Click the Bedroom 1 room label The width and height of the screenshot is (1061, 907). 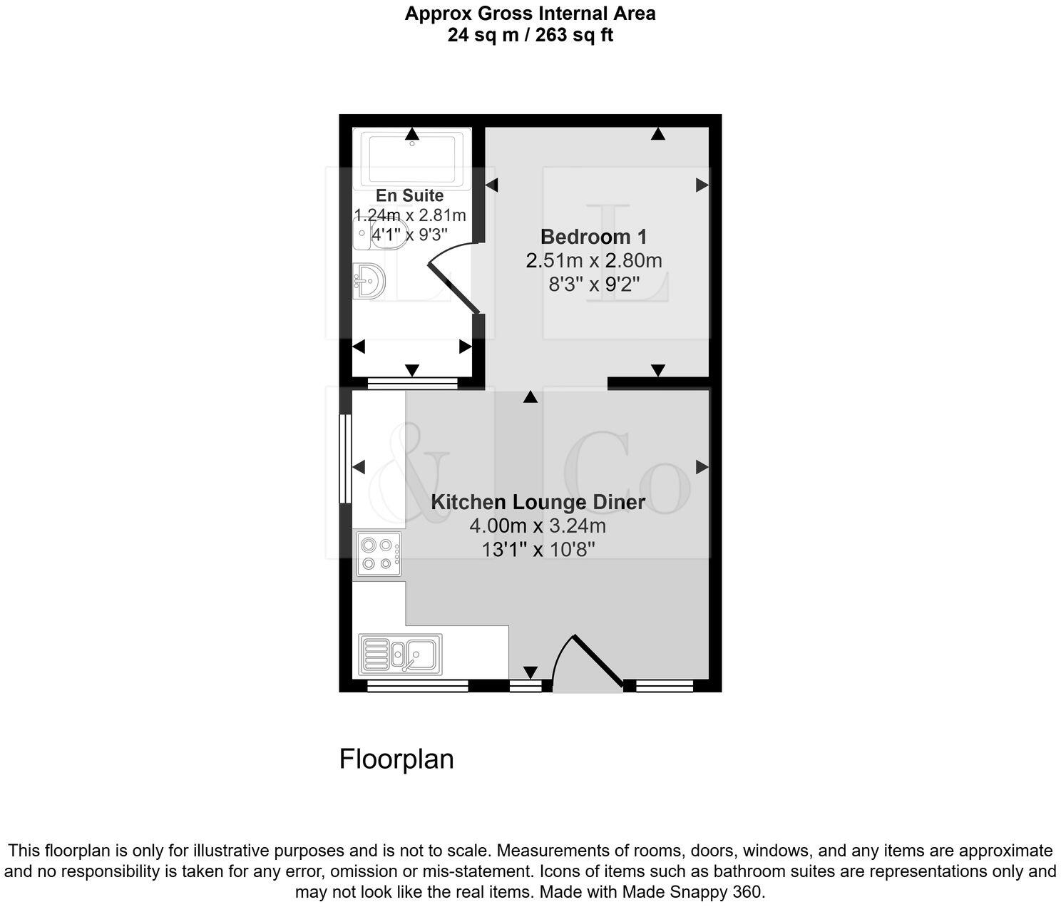click(x=593, y=237)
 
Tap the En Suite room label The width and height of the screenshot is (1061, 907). click(x=409, y=195)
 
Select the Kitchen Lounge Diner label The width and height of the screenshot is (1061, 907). click(x=538, y=502)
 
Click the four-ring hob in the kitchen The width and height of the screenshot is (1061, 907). click(x=378, y=554)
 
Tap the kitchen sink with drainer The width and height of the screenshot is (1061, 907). click(x=400, y=654)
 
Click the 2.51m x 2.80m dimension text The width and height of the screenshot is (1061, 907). click(x=593, y=261)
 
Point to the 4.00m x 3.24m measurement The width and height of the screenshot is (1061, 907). click(x=538, y=526)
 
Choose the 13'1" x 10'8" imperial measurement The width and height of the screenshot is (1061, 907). click(x=538, y=550)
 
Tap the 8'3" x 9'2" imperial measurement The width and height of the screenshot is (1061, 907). click(x=593, y=285)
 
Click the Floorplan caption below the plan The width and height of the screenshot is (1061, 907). click(x=396, y=759)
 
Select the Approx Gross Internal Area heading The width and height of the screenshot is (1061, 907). click(x=530, y=14)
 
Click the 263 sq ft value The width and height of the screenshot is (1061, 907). click(x=578, y=35)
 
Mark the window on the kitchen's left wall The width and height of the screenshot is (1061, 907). click(x=344, y=458)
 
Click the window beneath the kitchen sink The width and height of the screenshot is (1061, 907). click(x=417, y=686)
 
